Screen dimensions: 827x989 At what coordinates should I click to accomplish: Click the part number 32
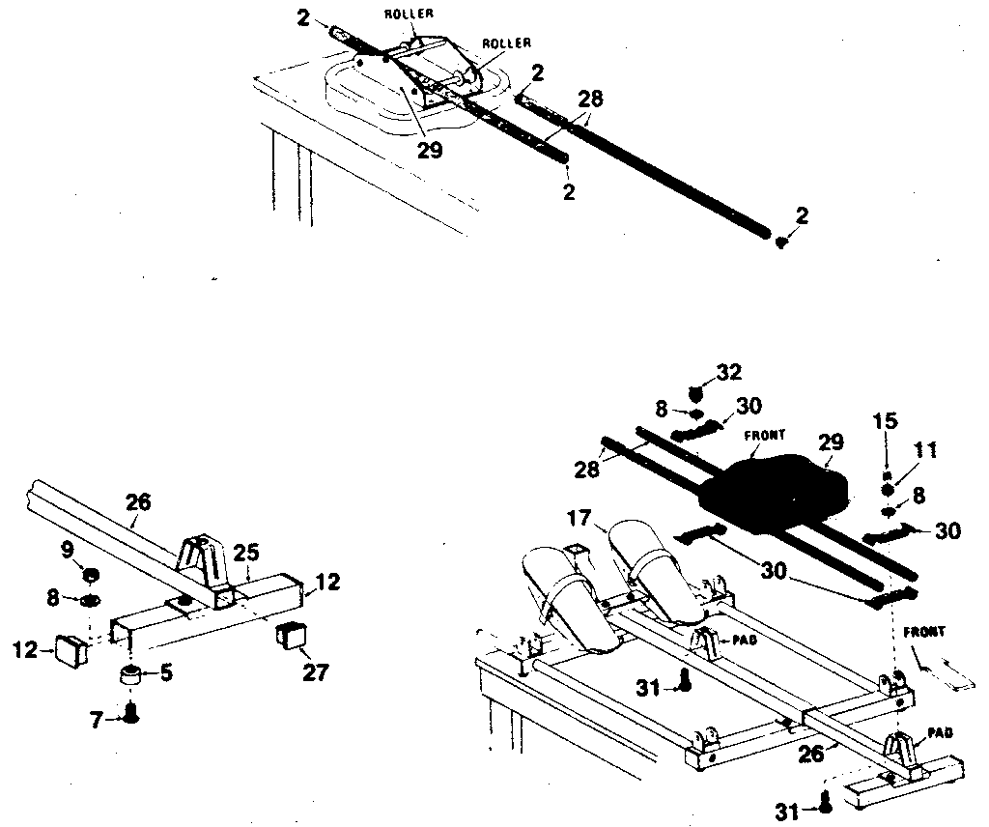click(730, 372)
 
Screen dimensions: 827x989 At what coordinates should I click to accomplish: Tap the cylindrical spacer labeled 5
click(130, 673)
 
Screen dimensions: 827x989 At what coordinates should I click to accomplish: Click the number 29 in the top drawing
click(431, 151)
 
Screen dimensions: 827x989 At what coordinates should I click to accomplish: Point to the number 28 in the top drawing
click(589, 98)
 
